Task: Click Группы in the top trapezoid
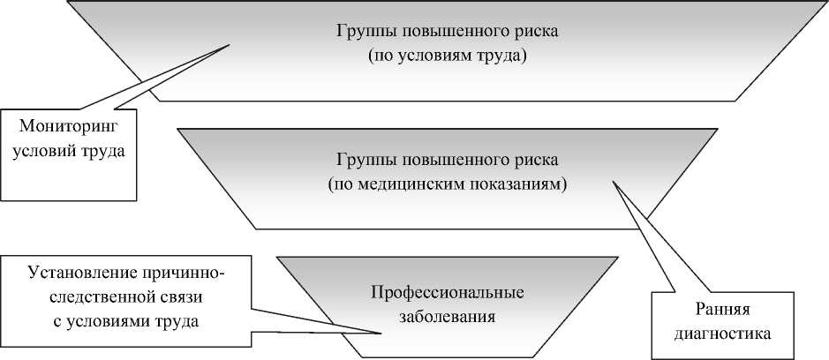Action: (x=365, y=32)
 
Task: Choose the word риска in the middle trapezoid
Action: (x=536, y=161)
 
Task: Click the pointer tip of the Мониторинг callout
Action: (x=231, y=46)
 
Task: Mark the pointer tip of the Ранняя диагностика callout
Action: (x=614, y=183)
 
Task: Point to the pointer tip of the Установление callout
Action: (x=381, y=333)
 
